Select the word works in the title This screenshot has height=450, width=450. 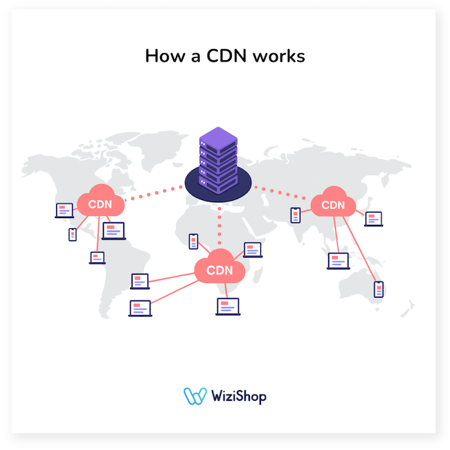pyautogui.click(x=280, y=56)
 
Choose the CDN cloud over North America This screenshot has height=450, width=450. pyautogui.click(x=100, y=204)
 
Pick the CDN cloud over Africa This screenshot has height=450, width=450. pyautogui.click(x=219, y=268)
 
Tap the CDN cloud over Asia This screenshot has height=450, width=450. pyautogui.click(x=333, y=204)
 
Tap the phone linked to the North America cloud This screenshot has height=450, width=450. pyautogui.click(x=73, y=235)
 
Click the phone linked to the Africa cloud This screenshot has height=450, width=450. pyautogui.click(x=194, y=242)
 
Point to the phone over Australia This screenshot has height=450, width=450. pyautogui.click(x=378, y=289)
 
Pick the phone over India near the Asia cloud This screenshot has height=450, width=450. pyautogui.click(x=296, y=215)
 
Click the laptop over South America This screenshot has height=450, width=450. pyautogui.click(x=97, y=258)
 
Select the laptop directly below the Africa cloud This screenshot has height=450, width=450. pyautogui.click(x=227, y=306)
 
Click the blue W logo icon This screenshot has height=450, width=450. pyautogui.click(x=195, y=395)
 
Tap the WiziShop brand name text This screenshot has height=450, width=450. pyautogui.click(x=238, y=396)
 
